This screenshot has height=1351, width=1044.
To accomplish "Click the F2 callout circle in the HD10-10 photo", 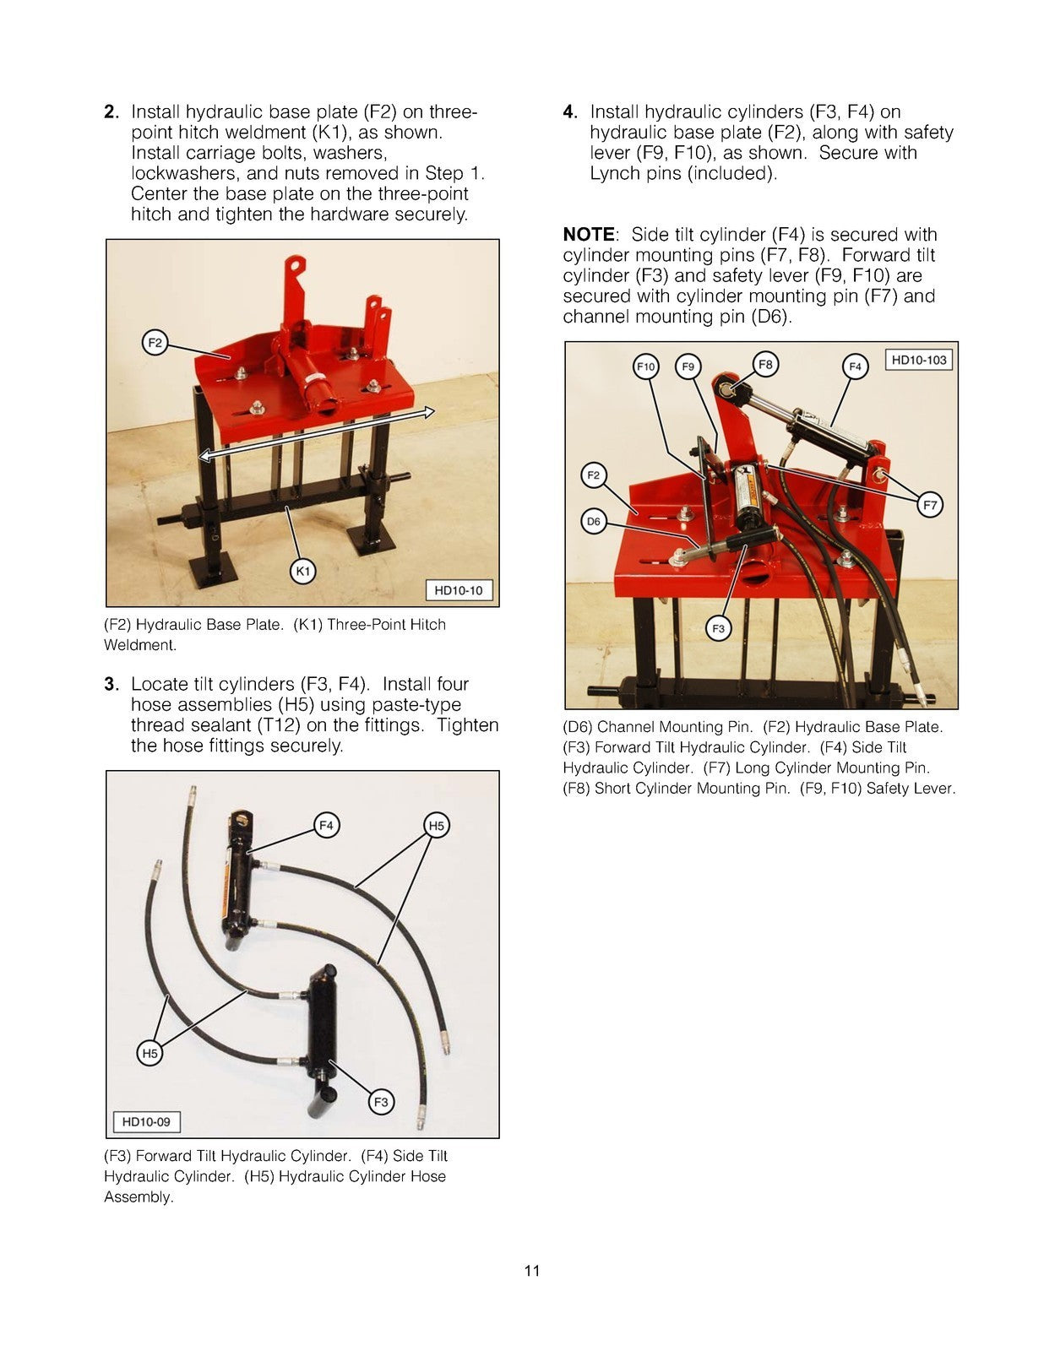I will (x=155, y=343).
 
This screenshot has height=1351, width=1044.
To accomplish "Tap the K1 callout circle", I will (x=302, y=572).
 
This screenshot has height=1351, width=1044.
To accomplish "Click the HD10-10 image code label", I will (x=458, y=590).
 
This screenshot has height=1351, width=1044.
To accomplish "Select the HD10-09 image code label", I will (x=146, y=1122).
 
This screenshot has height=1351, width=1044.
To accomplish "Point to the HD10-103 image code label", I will (x=918, y=360).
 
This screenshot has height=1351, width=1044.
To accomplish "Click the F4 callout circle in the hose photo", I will (x=326, y=825).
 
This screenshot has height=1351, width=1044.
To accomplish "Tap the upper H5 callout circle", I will (x=436, y=825).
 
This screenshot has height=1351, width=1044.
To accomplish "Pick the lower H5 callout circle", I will (x=150, y=1053).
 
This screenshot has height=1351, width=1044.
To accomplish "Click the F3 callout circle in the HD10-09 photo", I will (x=381, y=1102).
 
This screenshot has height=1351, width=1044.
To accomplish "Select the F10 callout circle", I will (x=645, y=366).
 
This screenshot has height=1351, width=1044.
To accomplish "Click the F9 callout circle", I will (x=688, y=366).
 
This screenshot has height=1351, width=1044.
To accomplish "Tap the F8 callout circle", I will (x=764, y=365).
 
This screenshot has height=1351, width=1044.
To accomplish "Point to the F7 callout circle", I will (x=929, y=505).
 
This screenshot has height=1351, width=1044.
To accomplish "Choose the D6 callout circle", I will (x=594, y=522).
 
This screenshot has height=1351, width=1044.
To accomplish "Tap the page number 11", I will (x=531, y=1271).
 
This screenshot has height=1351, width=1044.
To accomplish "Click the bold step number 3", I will (x=111, y=685).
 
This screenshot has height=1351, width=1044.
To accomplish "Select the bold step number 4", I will (x=570, y=112).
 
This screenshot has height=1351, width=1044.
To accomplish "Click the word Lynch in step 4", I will (x=614, y=174).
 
